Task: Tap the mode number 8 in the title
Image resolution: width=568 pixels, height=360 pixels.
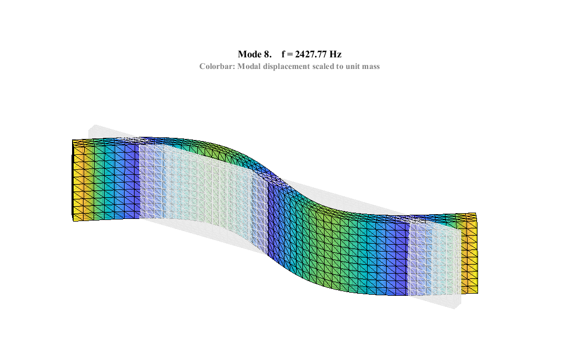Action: click(x=267, y=54)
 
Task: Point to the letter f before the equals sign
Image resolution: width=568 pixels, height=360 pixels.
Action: click(x=283, y=54)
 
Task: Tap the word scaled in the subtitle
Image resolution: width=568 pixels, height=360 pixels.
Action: click(x=326, y=67)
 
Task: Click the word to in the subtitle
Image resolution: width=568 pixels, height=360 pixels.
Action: click(x=342, y=67)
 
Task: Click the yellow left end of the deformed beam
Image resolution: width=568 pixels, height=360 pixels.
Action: click(x=78, y=182)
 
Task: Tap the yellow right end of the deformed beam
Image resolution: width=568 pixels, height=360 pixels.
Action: click(x=471, y=255)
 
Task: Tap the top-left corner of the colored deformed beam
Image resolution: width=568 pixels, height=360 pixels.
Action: click(x=73, y=141)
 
